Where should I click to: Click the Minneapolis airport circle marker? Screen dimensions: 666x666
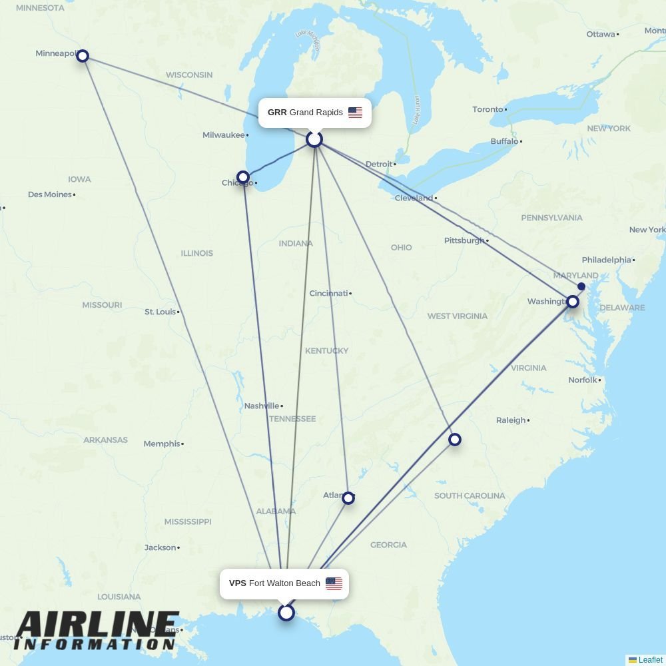(x=83, y=56)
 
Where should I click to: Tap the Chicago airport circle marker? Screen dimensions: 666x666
(x=243, y=178)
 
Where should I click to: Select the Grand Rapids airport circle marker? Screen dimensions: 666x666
(x=314, y=139)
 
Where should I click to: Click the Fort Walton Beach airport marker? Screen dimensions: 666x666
(x=286, y=613)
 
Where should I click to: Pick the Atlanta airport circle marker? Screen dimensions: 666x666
(x=348, y=498)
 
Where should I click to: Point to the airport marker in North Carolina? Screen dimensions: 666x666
(x=455, y=440)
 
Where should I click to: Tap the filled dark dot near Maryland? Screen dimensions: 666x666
(x=581, y=286)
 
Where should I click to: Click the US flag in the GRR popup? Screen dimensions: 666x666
(x=355, y=113)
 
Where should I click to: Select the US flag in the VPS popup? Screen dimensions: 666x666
(x=334, y=583)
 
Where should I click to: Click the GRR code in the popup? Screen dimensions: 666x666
(x=277, y=113)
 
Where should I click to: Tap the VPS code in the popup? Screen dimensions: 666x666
(x=238, y=583)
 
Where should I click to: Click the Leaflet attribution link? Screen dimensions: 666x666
(x=650, y=660)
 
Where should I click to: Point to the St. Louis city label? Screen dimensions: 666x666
(x=161, y=312)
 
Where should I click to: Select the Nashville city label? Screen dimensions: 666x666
(x=261, y=406)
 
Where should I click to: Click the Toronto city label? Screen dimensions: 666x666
(x=488, y=109)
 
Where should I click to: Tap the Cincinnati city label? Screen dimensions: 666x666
(x=328, y=293)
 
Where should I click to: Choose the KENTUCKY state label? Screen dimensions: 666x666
(x=326, y=351)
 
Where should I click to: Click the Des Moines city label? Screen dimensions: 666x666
(x=49, y=194)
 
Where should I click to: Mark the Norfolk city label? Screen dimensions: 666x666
(x=583, y=380)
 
